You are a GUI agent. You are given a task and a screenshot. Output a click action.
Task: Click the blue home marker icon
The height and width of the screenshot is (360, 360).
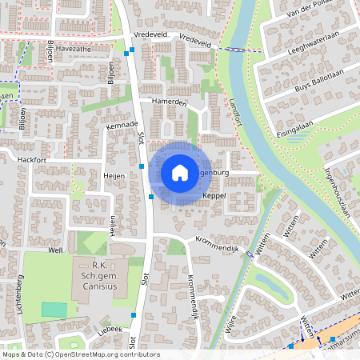coord(179,173)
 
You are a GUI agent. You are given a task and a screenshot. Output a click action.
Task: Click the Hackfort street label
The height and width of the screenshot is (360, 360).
coord(33,160)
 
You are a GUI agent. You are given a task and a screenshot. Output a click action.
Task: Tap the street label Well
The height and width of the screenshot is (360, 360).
coord(55,250)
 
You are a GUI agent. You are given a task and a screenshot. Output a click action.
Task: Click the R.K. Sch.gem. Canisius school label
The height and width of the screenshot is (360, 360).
coord(100,276)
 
